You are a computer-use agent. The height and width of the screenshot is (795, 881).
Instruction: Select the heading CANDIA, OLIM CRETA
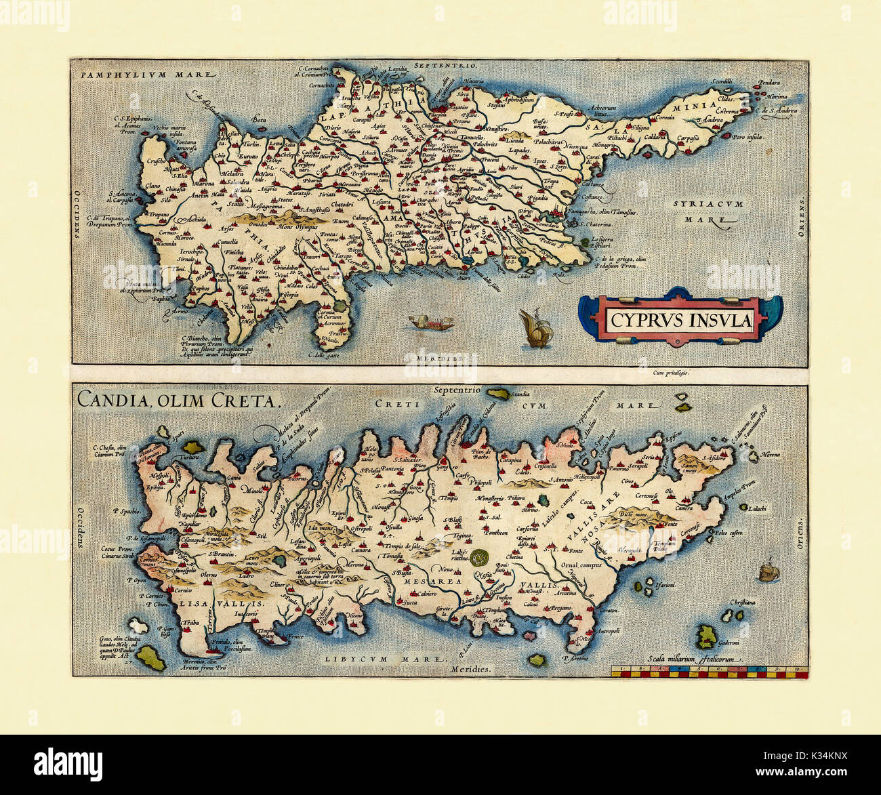pos(178,400)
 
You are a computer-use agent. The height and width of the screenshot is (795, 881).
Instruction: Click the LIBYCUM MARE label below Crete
pos(385,658)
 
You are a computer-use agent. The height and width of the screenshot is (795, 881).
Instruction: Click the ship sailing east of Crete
pos(767,571)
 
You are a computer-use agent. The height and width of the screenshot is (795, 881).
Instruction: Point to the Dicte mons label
pos(634,514)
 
